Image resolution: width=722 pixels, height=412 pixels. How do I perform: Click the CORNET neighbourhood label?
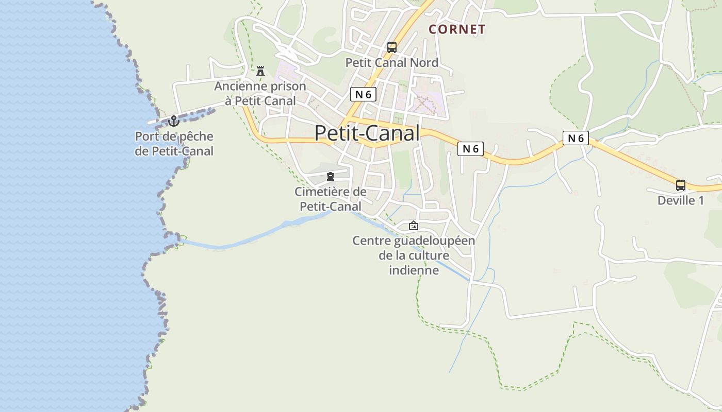pos(457,29)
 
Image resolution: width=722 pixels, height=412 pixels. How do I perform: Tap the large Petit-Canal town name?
pos(367,133)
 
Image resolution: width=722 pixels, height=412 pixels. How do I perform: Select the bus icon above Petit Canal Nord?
pos(392,47)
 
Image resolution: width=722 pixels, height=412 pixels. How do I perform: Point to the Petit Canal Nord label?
pos(392,63)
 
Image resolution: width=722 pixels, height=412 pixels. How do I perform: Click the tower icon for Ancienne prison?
pos(260,71)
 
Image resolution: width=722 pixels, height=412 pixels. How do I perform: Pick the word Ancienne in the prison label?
pos(238,87)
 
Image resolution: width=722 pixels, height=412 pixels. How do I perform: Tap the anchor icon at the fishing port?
pos(174,122)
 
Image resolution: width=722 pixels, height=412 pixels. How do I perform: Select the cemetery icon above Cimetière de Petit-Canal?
pos(331,177)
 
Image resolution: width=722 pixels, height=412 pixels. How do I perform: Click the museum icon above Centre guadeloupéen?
pos(413,226)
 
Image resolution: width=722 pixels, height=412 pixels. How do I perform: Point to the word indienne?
pos(414,270)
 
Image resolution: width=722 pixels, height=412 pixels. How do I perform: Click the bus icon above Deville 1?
pos(681,185)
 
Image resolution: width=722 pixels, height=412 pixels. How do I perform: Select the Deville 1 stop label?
pos(681,201)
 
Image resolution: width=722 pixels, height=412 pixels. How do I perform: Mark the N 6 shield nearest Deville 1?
pos(576,138)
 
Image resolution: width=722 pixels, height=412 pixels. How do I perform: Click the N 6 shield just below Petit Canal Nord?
pos(364,94)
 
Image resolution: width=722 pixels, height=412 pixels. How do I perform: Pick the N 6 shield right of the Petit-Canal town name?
pos(470,149)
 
